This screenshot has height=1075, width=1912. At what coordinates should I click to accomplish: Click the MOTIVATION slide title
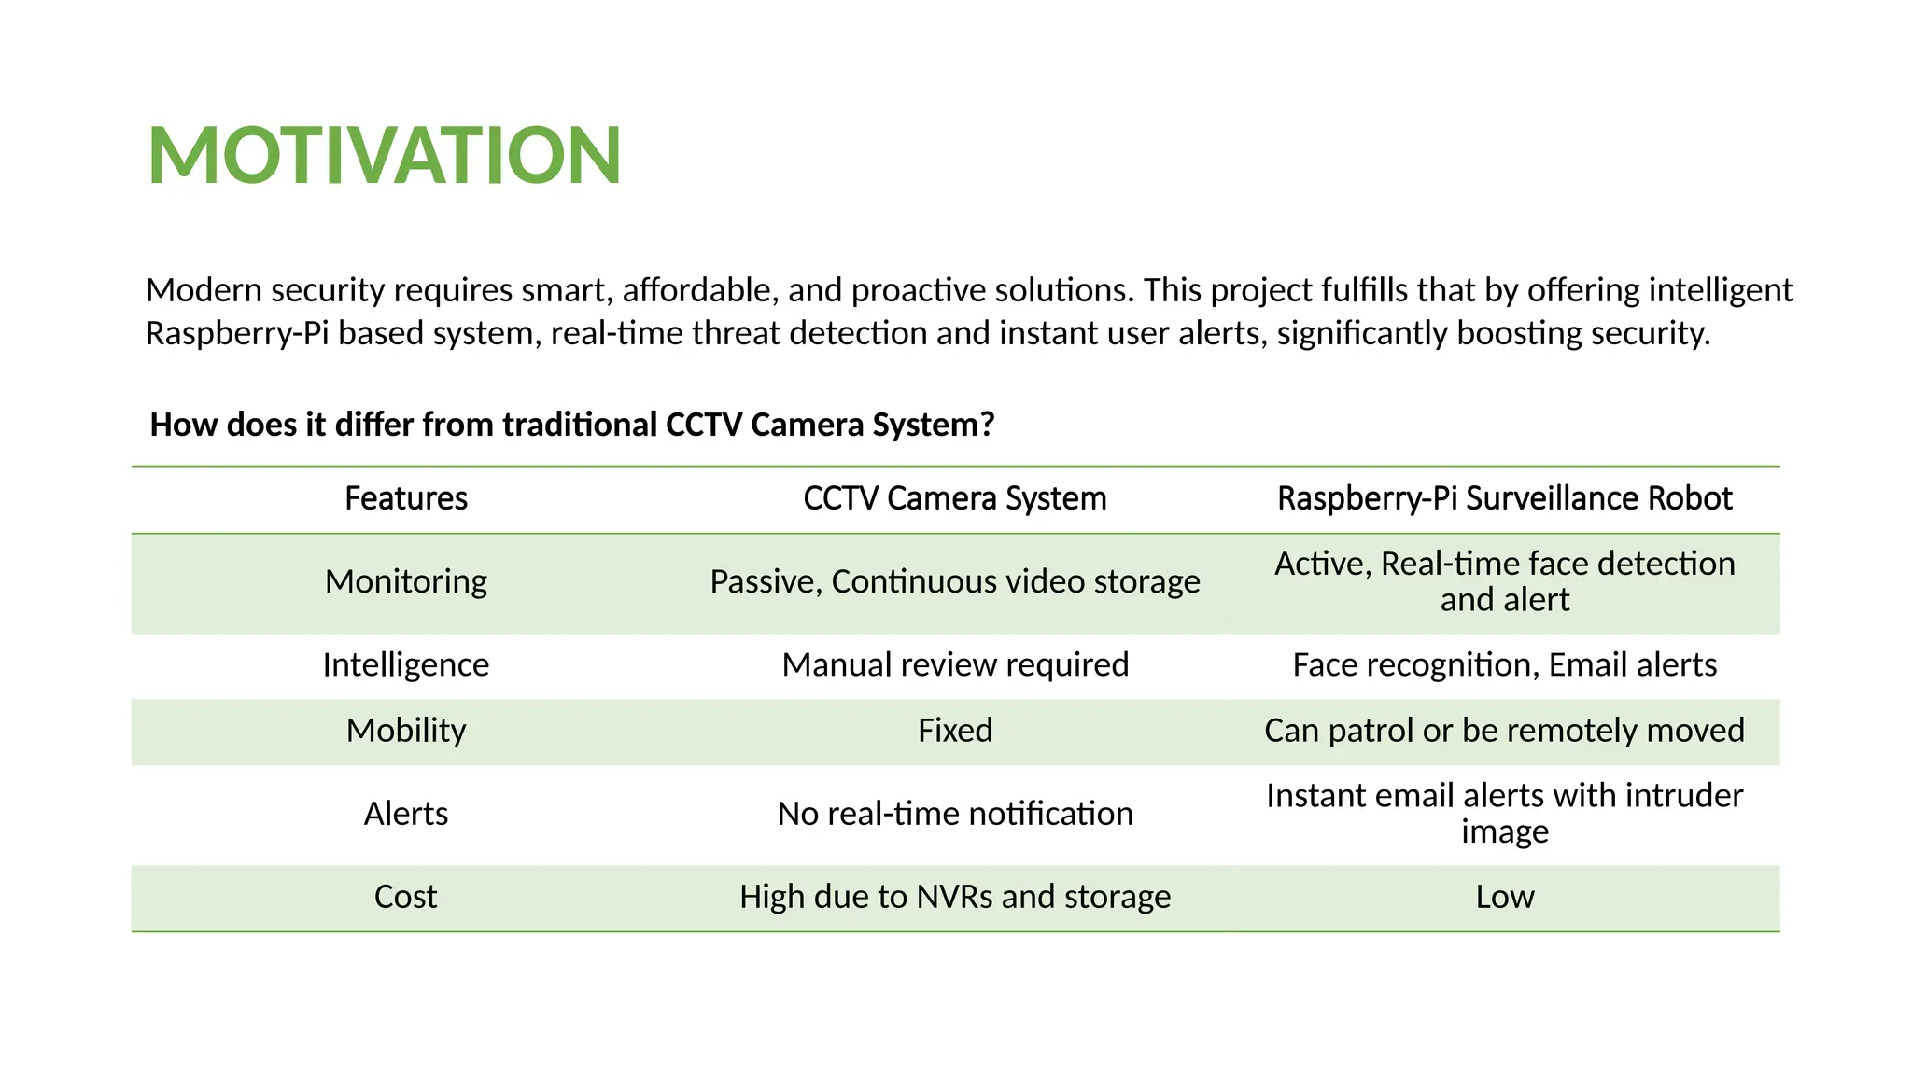(x=384, y=155)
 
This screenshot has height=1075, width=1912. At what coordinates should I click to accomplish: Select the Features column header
(x=406, y=498)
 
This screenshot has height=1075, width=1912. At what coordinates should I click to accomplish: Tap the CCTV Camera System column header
(x=954, y=498)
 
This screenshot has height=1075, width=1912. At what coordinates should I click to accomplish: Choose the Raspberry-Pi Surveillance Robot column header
(x=1504, y=498)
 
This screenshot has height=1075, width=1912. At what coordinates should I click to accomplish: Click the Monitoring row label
(x=406, y=581)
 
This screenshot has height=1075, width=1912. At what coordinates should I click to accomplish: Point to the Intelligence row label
(x=406, y=664)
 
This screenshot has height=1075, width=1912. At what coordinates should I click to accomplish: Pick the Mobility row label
(x=406, y=730)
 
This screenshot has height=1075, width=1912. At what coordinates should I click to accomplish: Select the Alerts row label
(x=406, y=814)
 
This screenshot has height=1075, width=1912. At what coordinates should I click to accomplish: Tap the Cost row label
(x=406, y=897)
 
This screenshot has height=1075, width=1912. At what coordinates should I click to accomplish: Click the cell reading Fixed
(x=954, y=730)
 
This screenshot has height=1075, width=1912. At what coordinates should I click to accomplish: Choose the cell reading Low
(x=1504, y=897)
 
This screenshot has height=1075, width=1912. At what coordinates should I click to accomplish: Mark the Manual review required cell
(x=954, y=664)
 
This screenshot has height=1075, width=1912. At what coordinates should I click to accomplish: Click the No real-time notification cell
(x=954, y=814)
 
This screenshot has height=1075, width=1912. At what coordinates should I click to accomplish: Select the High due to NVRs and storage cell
(x=954, y=897)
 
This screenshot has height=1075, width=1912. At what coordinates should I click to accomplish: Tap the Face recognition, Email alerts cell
(x=1504, y=664)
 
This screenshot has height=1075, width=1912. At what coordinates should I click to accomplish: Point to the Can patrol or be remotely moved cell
(x=1504, y=730)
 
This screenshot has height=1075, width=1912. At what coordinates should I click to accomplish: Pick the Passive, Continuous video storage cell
(x=954, y=581)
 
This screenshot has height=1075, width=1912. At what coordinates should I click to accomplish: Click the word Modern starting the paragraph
(x=204, y=290)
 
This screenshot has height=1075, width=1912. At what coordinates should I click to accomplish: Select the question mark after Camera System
(x=987, y=425)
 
